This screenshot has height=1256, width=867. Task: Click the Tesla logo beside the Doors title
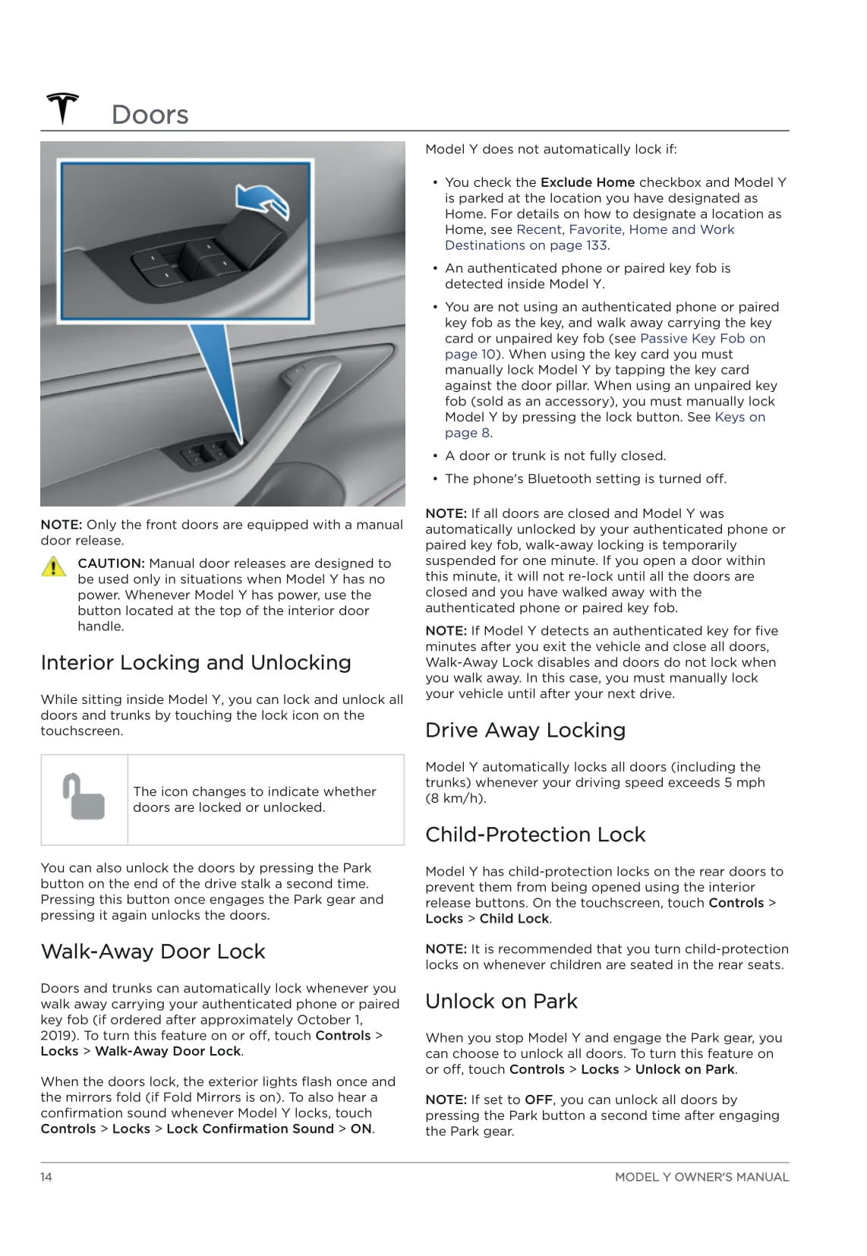[62, 109]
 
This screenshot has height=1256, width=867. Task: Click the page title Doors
[150, 115]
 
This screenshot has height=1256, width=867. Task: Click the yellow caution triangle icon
[53, 566]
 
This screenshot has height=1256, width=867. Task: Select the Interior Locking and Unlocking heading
[196, 663]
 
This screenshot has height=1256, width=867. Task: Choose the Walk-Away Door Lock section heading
[153, 951]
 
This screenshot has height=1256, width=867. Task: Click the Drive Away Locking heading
[525, 731]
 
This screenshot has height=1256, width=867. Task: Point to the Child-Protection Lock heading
[535, 835]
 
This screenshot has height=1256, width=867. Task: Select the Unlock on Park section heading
[501, 1002]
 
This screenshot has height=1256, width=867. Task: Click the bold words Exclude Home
[588, 182]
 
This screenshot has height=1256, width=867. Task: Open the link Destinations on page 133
[526, 245]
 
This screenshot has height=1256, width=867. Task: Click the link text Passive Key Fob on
[702, 339]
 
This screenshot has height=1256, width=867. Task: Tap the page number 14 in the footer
[46, 1177]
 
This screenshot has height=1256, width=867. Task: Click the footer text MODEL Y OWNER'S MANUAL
[701, 1177]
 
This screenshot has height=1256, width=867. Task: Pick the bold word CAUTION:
[111, 563]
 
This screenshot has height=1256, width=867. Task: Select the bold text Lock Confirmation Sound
[250, 1129]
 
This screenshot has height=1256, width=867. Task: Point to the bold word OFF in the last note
[538, 1100]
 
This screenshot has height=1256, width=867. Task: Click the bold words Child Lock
[514, 919]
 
